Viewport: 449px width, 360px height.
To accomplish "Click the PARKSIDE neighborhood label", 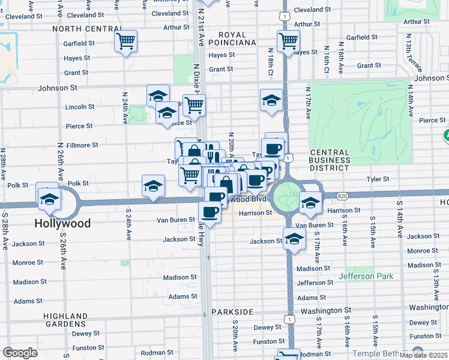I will tap(232, 312).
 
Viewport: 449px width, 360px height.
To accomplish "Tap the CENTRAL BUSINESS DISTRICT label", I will tap(330, 160).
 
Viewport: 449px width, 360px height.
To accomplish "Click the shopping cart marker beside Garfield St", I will tap(125, 41).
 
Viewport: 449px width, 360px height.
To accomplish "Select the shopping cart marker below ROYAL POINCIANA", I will tap(288, 41).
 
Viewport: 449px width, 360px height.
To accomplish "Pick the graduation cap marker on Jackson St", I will tap(294, 239).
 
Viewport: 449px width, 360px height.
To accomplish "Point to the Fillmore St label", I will tap(82, 145).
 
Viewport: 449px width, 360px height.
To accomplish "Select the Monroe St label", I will tap(24, 263).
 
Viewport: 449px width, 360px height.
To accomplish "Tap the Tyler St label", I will tap(378, 179).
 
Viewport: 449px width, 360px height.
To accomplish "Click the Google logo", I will tap(20, 353).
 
